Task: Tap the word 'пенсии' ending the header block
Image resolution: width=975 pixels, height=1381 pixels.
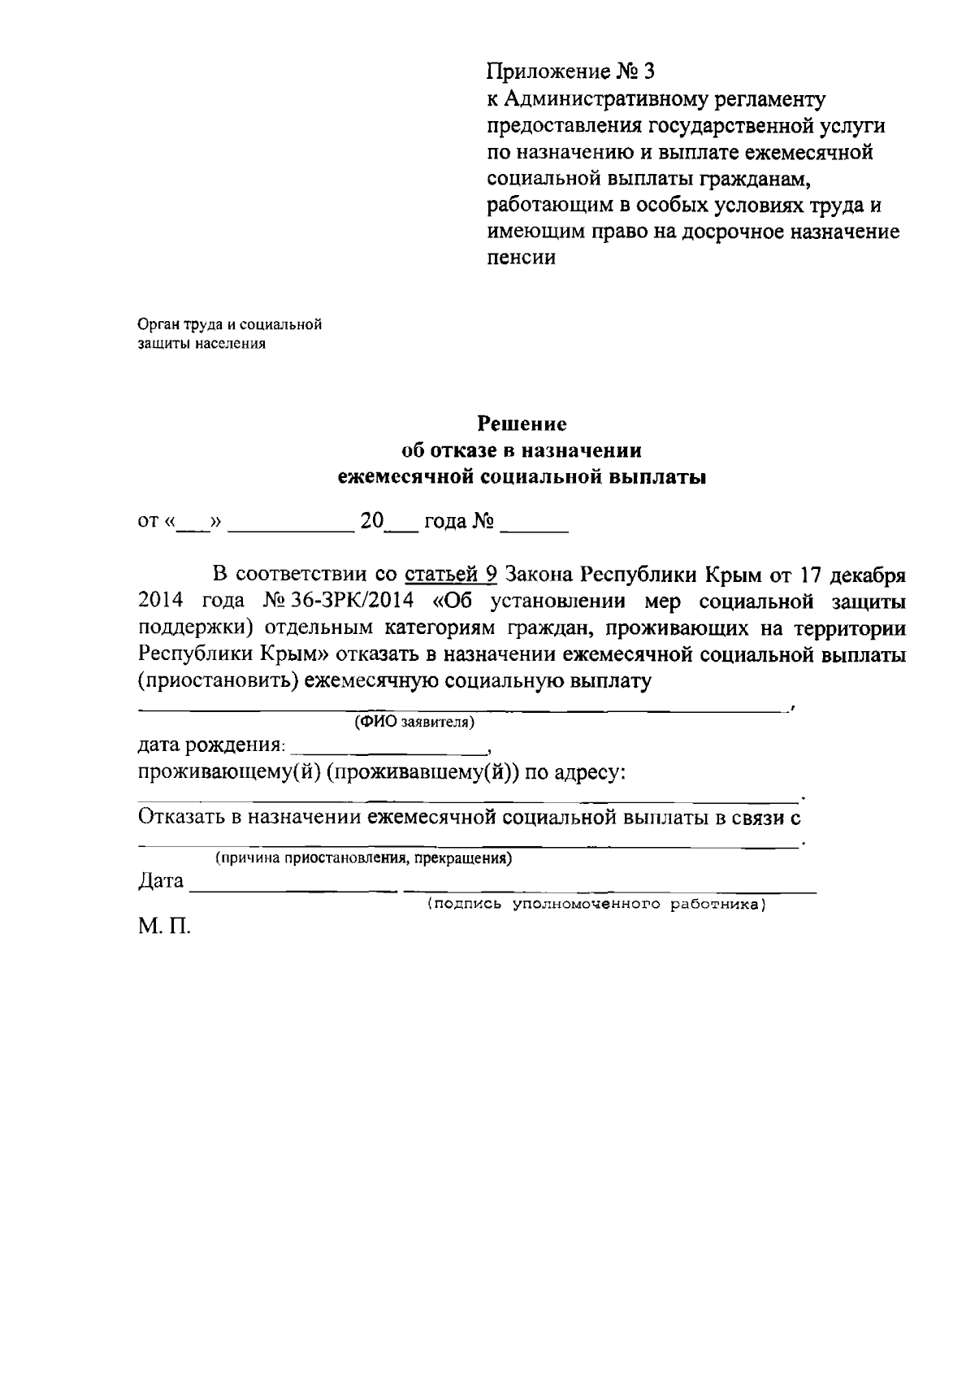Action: click(x=521, y=258)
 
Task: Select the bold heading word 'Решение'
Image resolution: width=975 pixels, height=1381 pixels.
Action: click(x=522, y=423)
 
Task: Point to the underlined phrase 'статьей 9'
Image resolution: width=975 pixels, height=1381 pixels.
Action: click(x=451, y=575)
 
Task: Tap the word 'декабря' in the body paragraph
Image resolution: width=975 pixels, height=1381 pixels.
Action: click(x=865, y=575)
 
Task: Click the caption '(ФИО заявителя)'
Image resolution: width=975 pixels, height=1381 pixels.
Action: click(x=414, y=722)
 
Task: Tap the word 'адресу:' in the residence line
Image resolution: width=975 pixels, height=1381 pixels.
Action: click(x=590, y=772)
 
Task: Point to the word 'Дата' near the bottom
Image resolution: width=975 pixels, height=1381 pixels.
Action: click(x=161, y=881)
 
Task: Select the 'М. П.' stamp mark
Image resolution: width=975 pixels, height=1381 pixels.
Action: click(x=163, y=927)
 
